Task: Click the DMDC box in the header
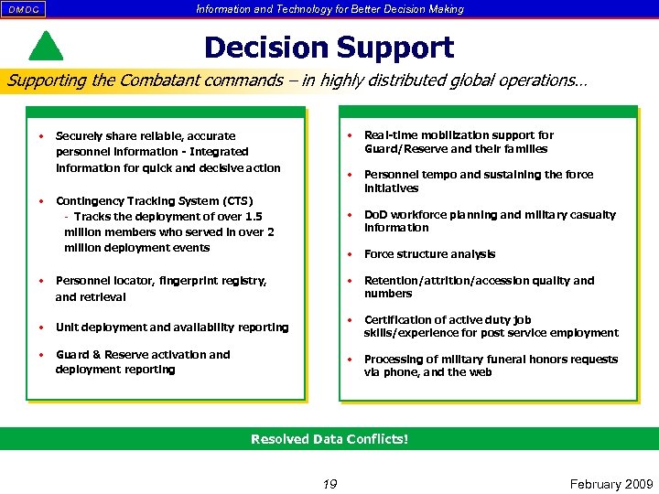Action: coord(23,9)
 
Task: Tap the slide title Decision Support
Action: coord(329,48)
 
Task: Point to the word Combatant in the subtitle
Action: coord(163,81)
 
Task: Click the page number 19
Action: coord(329,484)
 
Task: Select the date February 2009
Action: coord(611,484)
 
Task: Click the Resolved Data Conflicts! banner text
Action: coord(329,439)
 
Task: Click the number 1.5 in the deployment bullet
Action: coord(253,217)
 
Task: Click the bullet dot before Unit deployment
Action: coord(42,327)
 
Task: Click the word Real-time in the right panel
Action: coord(392,135)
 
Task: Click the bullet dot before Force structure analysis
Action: coord(350,253)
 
